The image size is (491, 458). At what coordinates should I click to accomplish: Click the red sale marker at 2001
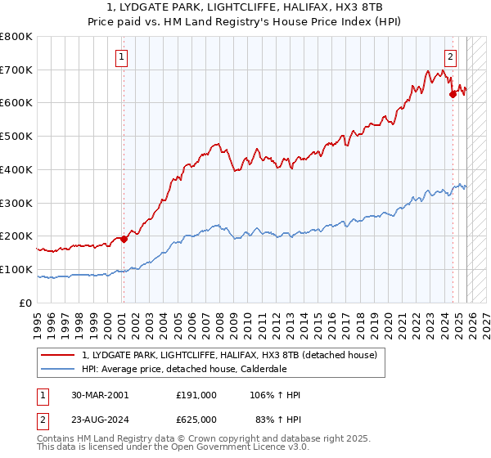[x=124, y=239]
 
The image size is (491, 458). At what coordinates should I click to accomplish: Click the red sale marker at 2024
[x=453, y=94]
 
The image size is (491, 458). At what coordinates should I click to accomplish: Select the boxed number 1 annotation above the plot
[x=121, y=57]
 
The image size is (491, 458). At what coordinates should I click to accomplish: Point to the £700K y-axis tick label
[x=16, y=70]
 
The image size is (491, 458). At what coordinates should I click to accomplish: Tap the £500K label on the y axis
[x=16, y=137]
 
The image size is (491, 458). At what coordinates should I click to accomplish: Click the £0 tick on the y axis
[x=26, y=303]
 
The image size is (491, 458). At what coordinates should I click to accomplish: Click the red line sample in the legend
[x=59, y=355]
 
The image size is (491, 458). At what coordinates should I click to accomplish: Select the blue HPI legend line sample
[x=59, y=369]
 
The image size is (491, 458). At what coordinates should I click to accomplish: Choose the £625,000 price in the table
[x=196, y=420]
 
